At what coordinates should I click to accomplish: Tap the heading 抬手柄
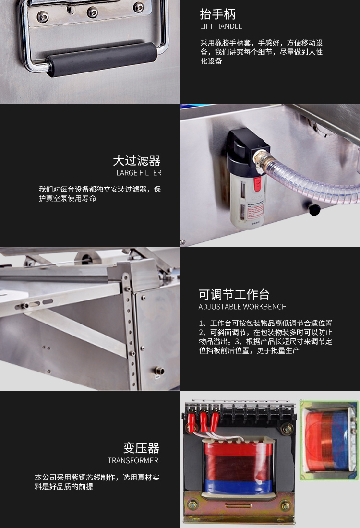coord(217,14)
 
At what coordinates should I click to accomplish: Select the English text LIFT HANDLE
coord(221,26)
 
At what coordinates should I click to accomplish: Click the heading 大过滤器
coord(137,161)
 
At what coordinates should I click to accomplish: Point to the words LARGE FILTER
coord(139,173)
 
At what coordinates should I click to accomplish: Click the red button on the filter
coord(257,184)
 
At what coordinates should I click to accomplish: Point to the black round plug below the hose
coord(314,210)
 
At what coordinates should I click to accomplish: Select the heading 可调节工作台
coord(234,294)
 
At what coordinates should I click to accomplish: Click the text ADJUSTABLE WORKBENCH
coord(242,307)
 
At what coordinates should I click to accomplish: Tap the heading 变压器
coord(141,448)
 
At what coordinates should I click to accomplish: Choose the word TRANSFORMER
coord(132,460)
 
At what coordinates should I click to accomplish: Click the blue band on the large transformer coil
coord(239,487)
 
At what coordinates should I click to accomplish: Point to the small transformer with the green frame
coord(329,439)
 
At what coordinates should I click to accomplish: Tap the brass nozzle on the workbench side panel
coord(159,371)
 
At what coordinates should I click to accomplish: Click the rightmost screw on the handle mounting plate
coord(138,7)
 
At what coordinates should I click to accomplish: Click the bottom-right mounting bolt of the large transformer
coord(286,505)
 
